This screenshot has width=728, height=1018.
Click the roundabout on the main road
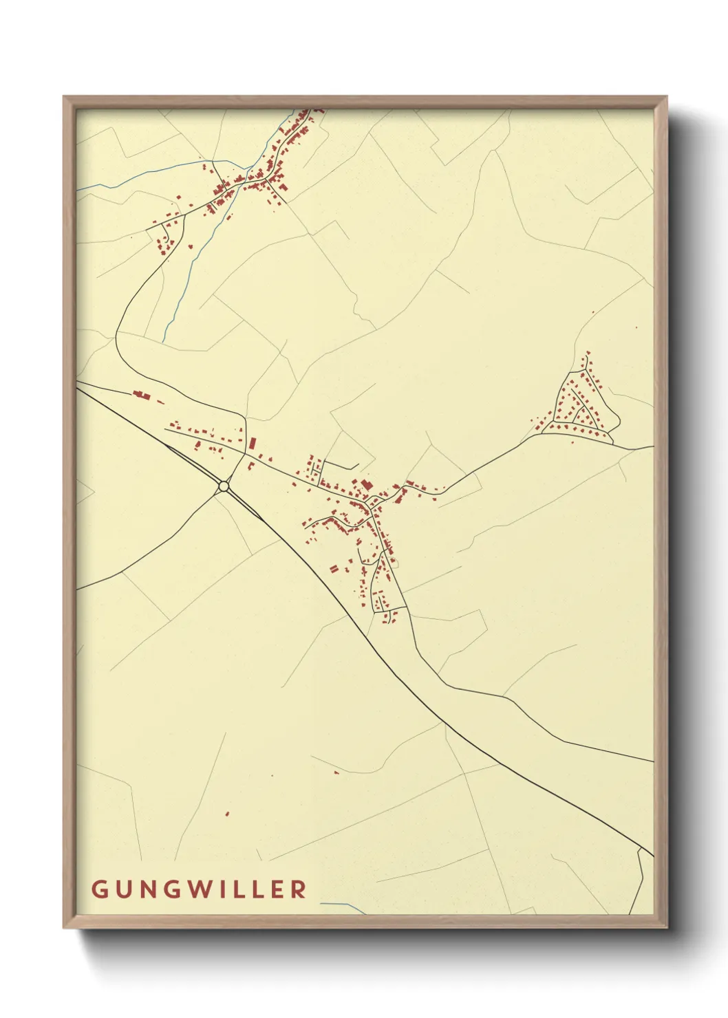(223, 486)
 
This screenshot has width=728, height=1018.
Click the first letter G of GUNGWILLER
(98, 889)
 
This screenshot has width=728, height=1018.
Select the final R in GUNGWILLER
(299, 889)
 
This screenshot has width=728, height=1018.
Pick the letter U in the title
(122, 889)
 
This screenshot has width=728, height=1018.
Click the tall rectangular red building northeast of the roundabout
(252, 443)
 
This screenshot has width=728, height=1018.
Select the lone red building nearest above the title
(227, 814)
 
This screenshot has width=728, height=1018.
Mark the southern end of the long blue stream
(164, 341)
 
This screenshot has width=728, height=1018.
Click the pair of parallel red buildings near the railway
(334, 569)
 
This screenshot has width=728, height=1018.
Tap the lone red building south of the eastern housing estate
(572, 441)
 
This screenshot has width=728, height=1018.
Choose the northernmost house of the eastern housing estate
(587, 353)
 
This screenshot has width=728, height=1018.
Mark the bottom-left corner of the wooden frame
(64, 928)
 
